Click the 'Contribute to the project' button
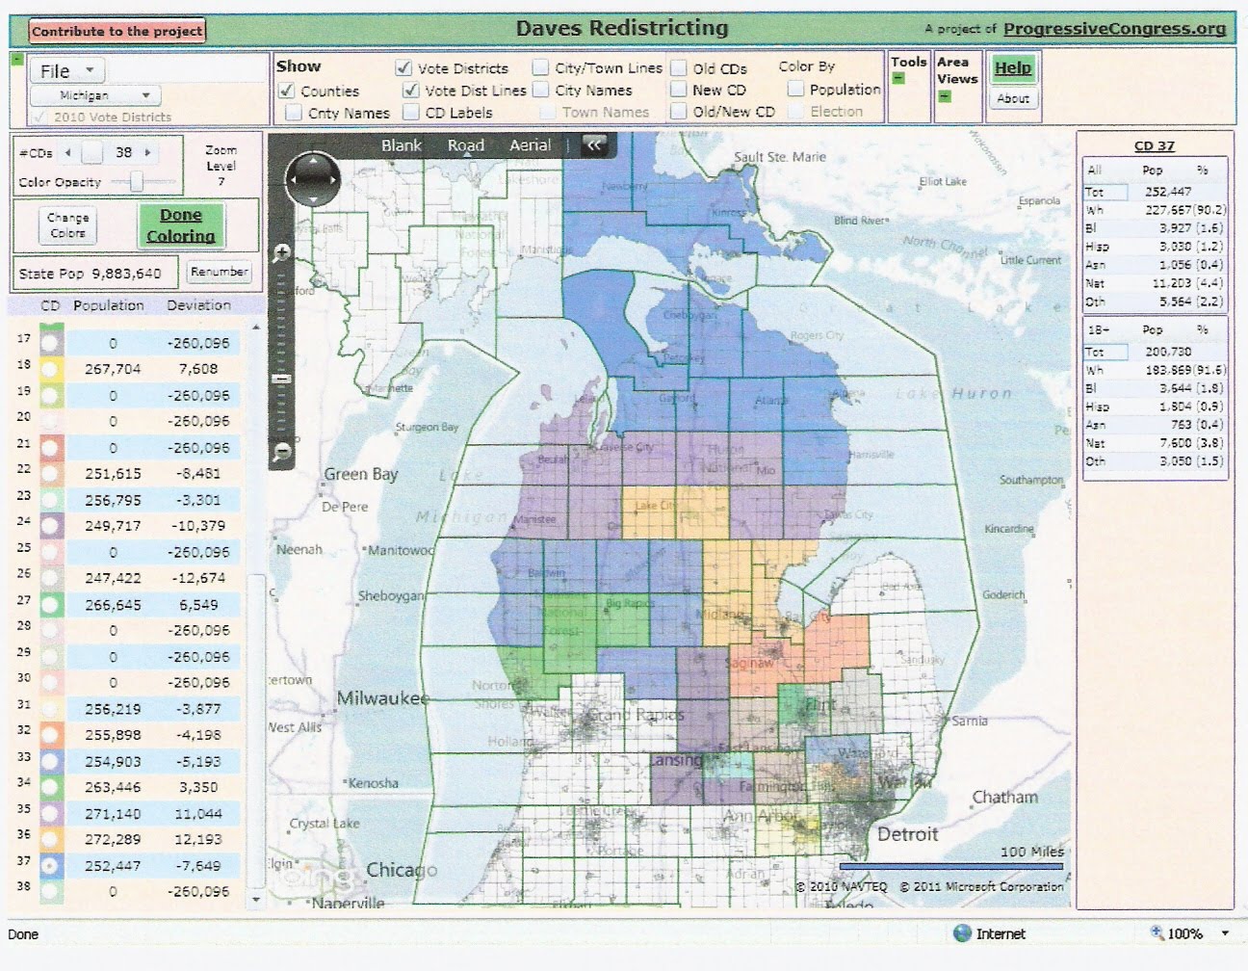[x=117, y=31]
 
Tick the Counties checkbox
[x=287, y=91]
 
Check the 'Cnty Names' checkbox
[x=294, y=113]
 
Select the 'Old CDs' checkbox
[x=679, y=68]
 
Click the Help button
[x=1012, y=67]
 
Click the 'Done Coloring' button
[x=181, y=225]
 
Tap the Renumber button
[x=219, y=272]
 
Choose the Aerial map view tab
[x=530, y=145]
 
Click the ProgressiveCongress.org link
[x=1114, y=29]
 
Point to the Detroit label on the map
[x=907, y=834]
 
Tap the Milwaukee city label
[x=382, y=697]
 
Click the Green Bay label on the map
[x=360, y=474]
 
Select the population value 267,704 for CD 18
[x=113, y=369]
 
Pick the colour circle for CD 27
[x=51, y=605]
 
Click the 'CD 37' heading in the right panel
[x=1154, y=145]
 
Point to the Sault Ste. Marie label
[x=779, y=157]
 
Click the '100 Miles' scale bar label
[x=1031, y=852]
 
